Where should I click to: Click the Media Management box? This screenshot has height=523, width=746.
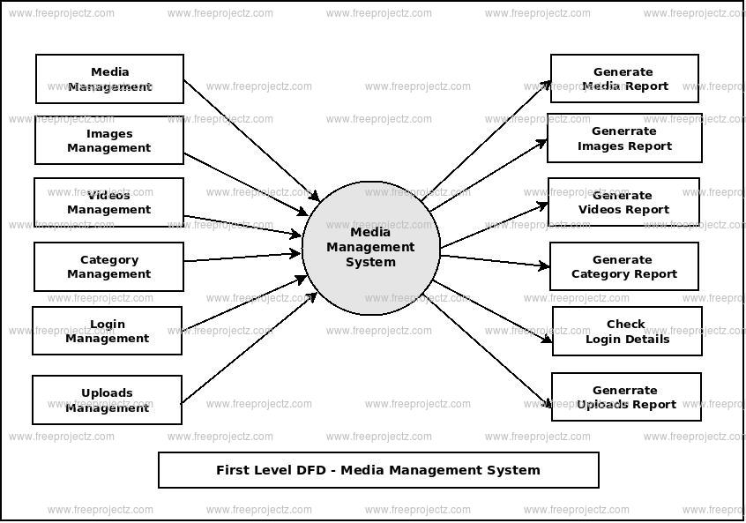tap(109, 78)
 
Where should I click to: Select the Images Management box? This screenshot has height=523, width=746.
tap(109, 140)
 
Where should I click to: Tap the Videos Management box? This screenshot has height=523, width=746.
tap(109, 202)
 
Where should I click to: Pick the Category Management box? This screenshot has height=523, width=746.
tap(109, 266)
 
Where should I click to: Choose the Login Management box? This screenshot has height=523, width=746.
tap(108, 331)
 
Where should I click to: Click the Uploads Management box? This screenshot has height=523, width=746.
tap(108, 400)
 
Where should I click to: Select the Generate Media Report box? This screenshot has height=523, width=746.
tap(624, 78)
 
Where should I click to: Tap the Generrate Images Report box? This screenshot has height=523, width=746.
tap(624, 138)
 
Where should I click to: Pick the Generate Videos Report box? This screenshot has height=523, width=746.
tap(623, 202)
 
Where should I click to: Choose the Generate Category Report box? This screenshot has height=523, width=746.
tap(624, 266)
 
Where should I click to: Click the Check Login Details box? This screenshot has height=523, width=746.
tap(627, 331)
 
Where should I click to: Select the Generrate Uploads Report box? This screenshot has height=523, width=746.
tap(626, 397)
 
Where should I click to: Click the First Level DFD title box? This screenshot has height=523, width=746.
tap(378, 470)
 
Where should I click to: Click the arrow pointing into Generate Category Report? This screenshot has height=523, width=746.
tap(494, 260)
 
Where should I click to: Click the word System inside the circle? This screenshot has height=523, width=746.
tap(370, 262)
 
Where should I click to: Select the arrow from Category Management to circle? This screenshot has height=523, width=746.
tap(242, 258)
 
